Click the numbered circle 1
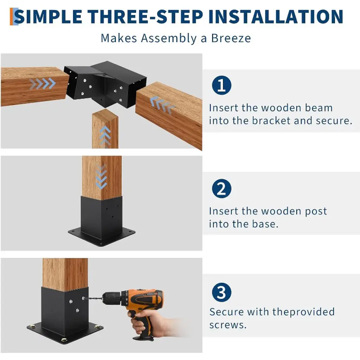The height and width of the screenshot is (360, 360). pyautogui.click(x=221, y=85)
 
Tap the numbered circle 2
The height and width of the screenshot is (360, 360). pyautogui.click(x=221, y=188)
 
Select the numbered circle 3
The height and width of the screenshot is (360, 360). pyautogui.click(x=221, y=292)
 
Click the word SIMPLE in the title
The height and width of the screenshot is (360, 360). pyautogui.click(x=48, y=17)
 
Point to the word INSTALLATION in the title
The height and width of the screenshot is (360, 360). pyautogui.click(x=276, y=17)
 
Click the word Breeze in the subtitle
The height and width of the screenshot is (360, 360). pyautogui.click(x=231, y=38)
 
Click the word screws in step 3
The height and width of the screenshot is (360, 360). pyautogui.click(x=228, y=325)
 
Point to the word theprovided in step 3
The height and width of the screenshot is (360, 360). pyautogui.click(x=303, y=312)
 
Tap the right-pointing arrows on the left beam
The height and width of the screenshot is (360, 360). pyautogui.click(x=43, y=84)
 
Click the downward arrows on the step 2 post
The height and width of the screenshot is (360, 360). pyautogui.click(x=101, y=177)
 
